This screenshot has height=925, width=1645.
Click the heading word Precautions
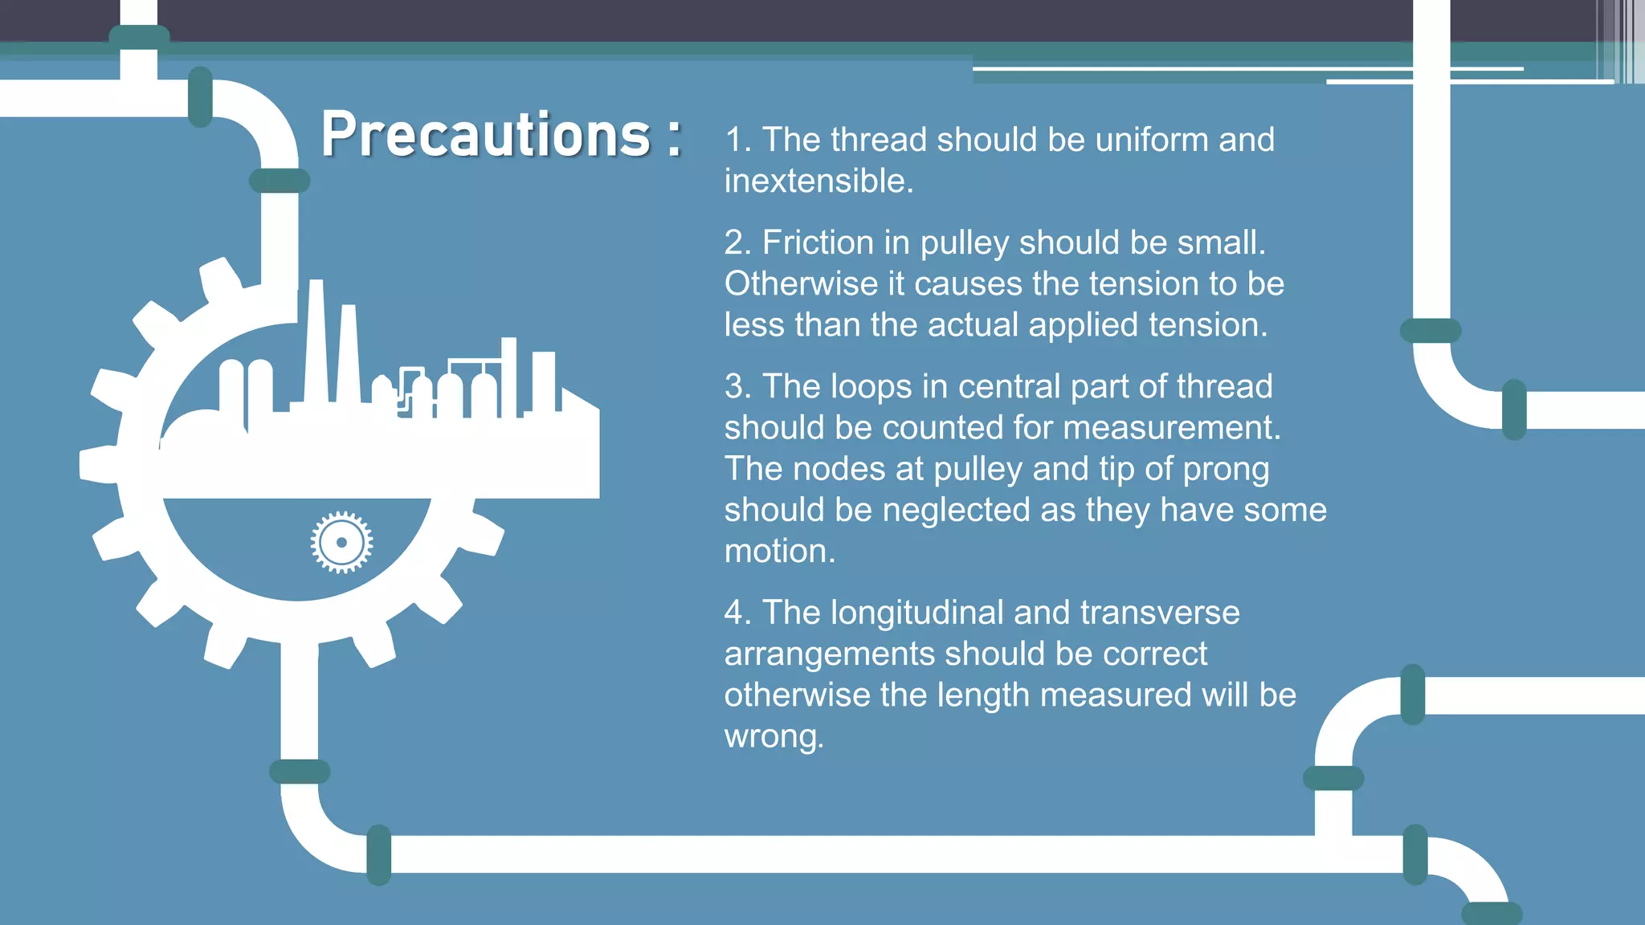[485, 134]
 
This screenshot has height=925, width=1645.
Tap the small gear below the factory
[341, 542]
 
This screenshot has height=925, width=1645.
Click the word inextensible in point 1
[818, 181]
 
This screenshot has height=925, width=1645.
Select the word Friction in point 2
[818, 242]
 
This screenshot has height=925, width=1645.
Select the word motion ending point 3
[779, 552]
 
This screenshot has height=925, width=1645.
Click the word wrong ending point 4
[774, 737]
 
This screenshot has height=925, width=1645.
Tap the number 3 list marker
[737, 386]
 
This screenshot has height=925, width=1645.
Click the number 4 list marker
[737, 613]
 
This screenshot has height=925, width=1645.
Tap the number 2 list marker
[737, 242]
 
